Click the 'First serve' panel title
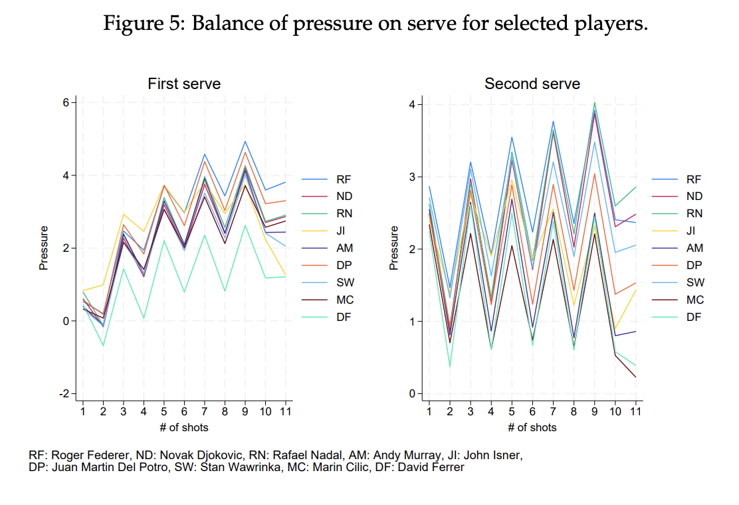(x=184, y=84)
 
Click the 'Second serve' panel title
(x=532, y=84)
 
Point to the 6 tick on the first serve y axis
(x=66, y=102)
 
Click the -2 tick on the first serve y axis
(x=64, y=393)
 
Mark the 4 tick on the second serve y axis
(x=412, y=104)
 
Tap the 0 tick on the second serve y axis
(x=412, y=393)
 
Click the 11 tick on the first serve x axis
(x=286, y=412)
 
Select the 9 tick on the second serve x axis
(x=594, y=412)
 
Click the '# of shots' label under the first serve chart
(x=184, y=427)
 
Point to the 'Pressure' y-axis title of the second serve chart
(x=393, y=248)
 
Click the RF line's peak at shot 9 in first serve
(x=245, y=141)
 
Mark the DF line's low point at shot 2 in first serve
(x=103, y=346)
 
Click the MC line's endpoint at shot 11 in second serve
(x=635, y=377)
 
